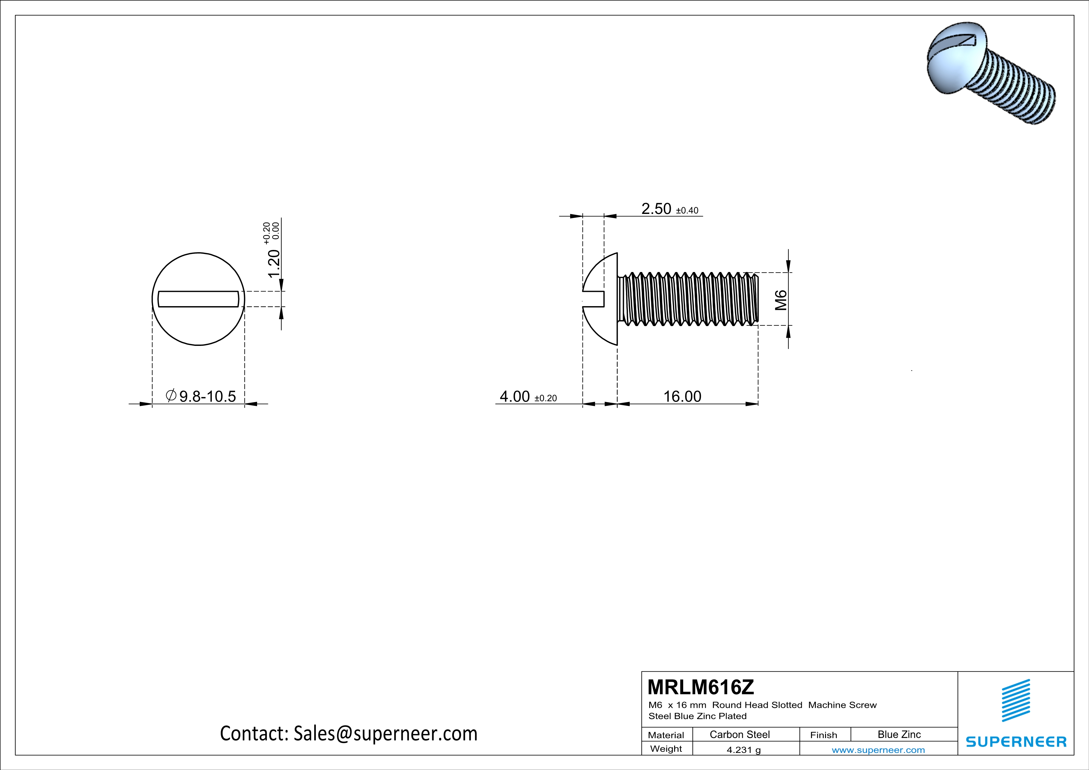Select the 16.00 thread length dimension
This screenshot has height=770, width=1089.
coord(682,396)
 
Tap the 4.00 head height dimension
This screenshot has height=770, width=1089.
coord(515,396)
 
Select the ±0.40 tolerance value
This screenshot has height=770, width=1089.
coord(687,211)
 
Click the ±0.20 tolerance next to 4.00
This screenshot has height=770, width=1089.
coord(546,398)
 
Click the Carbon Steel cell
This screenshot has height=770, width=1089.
coord(739,734)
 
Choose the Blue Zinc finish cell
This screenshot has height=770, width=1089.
coord(899,734)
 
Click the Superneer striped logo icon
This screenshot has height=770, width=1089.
coord(1015,700)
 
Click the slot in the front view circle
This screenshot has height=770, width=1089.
coord(198,299)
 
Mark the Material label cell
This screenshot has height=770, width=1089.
coord(666,735)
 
